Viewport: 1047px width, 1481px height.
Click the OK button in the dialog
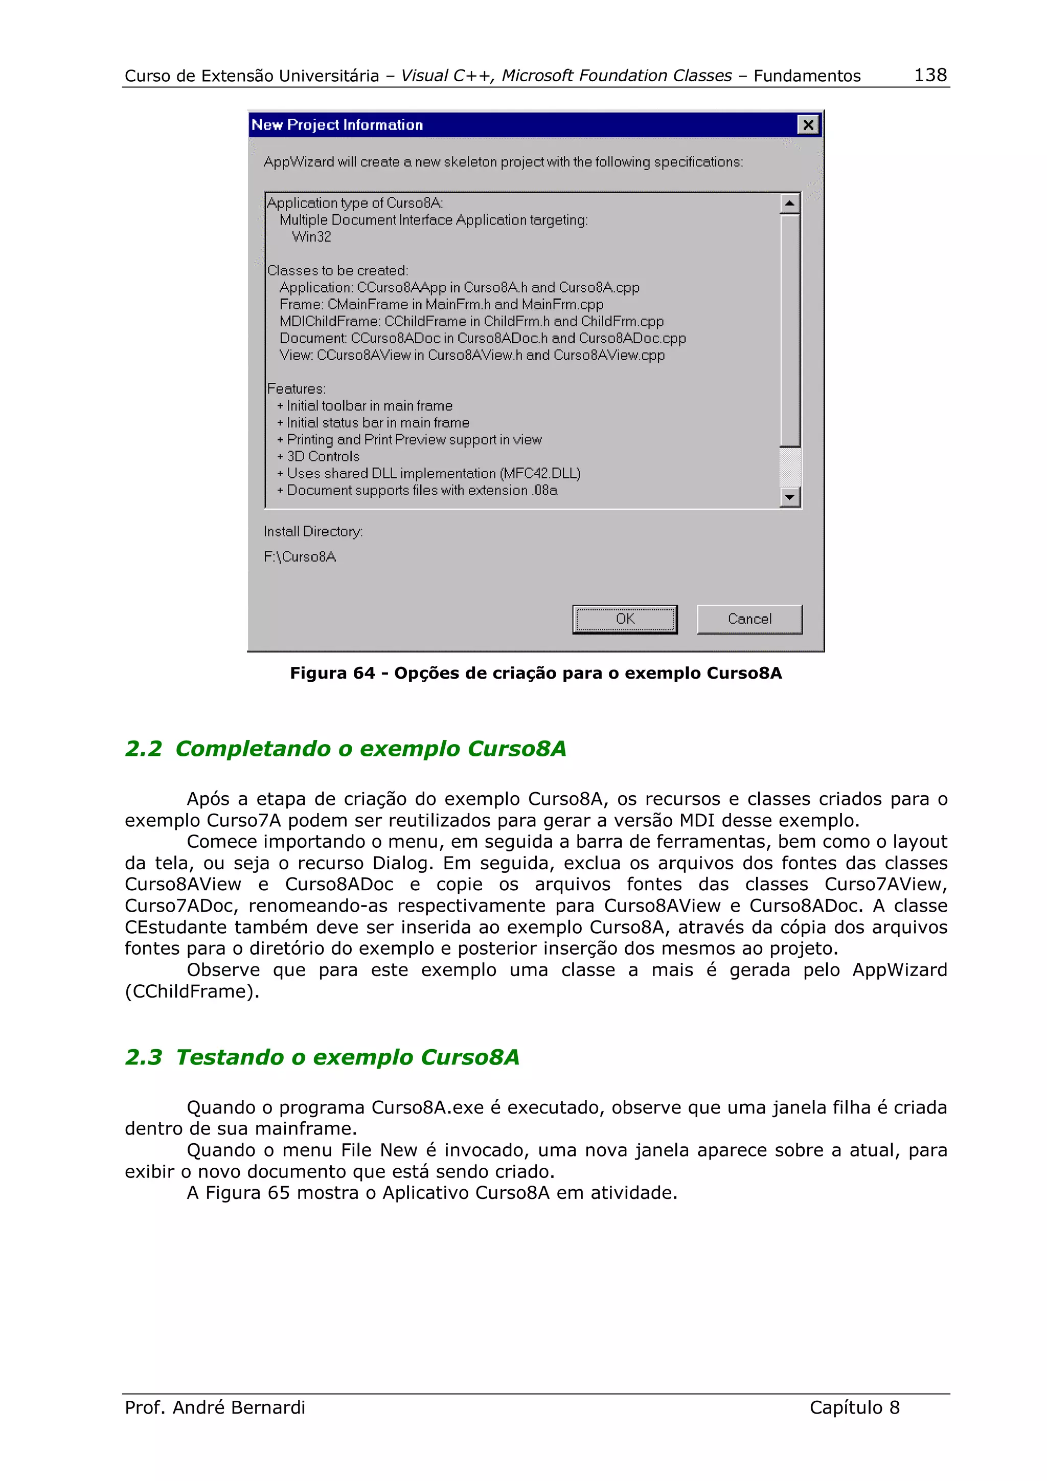point(624,619)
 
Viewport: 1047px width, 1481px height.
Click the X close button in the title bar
point(808,125)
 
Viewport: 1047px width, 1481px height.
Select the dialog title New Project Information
point(337,125)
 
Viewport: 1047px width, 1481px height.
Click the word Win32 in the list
point(311,237)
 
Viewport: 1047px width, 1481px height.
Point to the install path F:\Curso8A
point(300,557)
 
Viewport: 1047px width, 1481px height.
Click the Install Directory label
point(313,531)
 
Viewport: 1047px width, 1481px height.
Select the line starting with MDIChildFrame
point(471,321)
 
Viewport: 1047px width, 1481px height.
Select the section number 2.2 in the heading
point(143,749)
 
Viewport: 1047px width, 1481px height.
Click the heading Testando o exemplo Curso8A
point(347,1057)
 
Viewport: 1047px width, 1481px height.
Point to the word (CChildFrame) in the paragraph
point(192,991)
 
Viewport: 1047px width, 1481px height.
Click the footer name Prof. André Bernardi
point(215,1407)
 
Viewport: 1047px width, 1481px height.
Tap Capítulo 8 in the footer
point(854,1407)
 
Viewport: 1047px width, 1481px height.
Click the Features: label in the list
point(296,389)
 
